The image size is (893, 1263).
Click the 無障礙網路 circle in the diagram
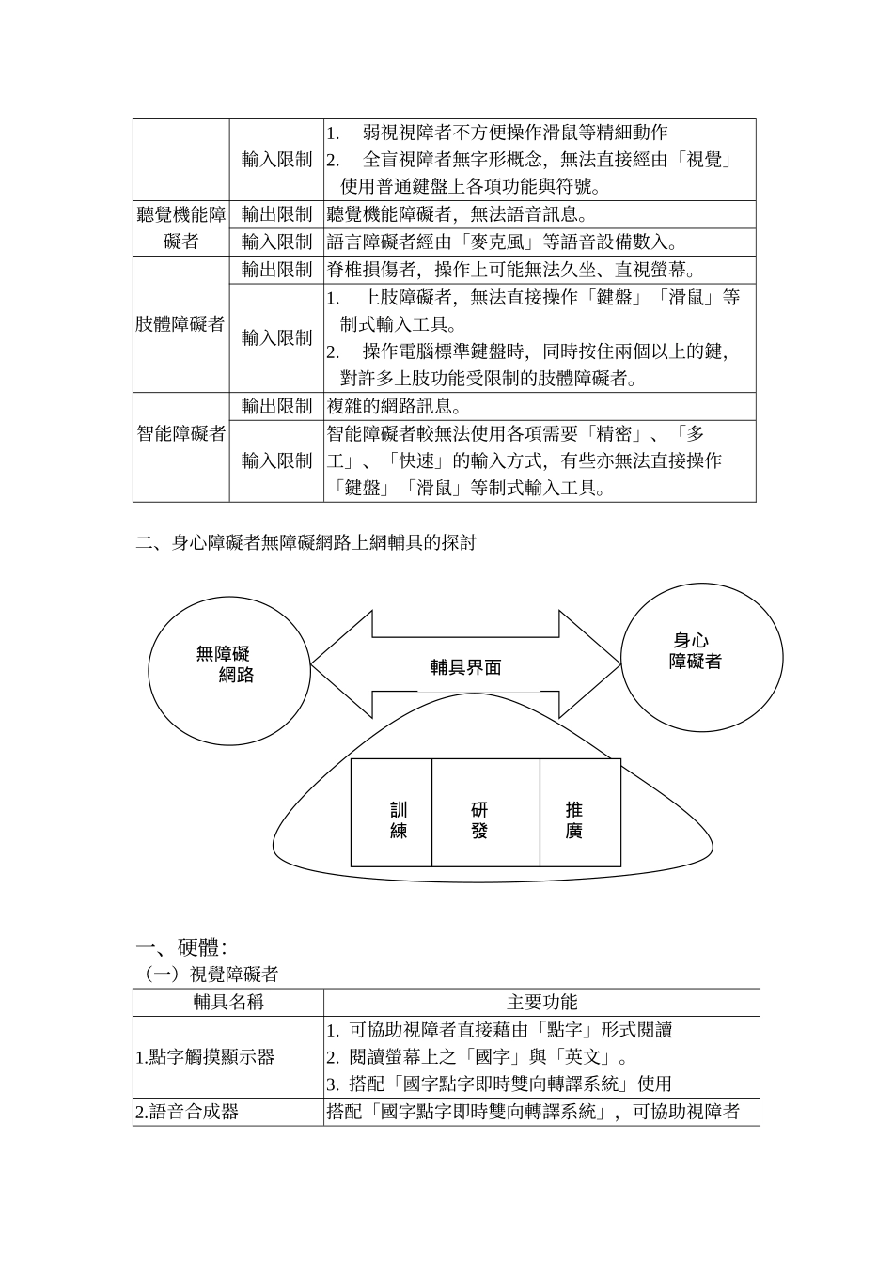click(229, 664)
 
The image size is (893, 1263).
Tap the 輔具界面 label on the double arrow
click(465, 667)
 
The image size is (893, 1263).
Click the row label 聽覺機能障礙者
click(181, 228)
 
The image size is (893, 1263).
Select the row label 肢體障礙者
click(181, 324)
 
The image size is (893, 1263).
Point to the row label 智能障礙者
click(181, 433)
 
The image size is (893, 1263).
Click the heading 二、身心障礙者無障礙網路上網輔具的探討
click(306, 542)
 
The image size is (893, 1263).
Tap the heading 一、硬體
click(181, 948)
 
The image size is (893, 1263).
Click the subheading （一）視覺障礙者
click(211, 975)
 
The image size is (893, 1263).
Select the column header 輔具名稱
click(228, 1002)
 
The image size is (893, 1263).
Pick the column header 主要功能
click(541, 1002)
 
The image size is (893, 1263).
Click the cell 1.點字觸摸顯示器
click(206, 1057)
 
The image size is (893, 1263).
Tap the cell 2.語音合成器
click(188, 1112)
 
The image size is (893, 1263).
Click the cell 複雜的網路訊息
click(394, 406)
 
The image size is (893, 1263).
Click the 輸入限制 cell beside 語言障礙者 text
click(276, 242)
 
